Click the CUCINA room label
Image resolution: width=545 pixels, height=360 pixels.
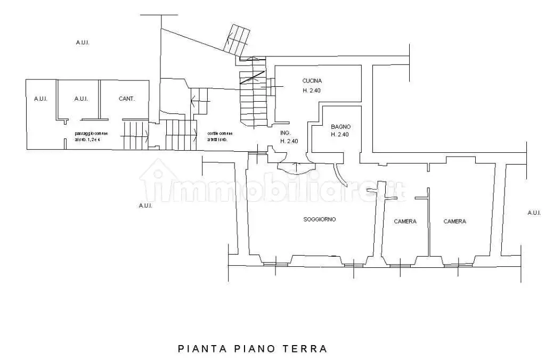(312, 81)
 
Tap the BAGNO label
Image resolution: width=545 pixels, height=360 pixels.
(340, 127)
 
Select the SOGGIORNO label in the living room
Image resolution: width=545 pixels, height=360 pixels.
(320, 219)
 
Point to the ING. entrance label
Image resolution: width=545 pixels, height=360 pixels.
(285, 133)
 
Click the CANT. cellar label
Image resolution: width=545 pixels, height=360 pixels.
(126, 99)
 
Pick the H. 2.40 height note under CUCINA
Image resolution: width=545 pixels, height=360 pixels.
(312, 91)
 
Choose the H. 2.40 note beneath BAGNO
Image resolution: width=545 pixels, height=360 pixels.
(340, 135)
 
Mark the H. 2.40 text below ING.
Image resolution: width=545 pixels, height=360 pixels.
(289, 141)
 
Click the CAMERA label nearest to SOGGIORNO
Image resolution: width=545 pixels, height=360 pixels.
(405, 222)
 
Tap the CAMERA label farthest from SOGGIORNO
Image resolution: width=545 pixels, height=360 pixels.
(454, 222)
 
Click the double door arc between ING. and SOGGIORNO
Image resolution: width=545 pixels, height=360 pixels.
(292, 168)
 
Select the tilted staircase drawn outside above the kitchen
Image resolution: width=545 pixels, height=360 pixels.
(237, 40)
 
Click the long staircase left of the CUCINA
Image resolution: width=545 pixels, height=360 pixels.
(252, 96)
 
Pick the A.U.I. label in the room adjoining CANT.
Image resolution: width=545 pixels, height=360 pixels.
(81, 99)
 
